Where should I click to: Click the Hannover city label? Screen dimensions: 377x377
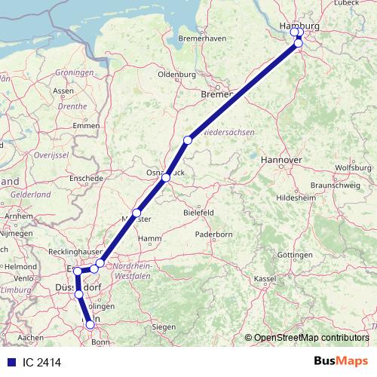coord(280,161)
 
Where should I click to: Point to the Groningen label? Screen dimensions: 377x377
coord(75,72)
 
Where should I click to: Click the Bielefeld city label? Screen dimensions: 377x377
coord(199,213)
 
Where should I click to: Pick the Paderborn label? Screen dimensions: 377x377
coord(213,234)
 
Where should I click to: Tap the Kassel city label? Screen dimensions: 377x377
coord(265,279)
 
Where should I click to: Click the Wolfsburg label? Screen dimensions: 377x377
coord(354,167)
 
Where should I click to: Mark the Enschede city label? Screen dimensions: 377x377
coord(85,179)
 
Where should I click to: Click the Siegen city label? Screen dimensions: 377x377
coord(164,326)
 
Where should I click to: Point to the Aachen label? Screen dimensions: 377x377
coord(31,337)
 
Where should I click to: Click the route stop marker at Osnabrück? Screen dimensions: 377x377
coord(166,178)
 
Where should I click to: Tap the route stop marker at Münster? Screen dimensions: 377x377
coord(136,213)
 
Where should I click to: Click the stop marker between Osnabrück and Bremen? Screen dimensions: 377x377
coord(188,140)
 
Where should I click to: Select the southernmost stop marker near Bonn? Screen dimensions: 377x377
coord(90,325)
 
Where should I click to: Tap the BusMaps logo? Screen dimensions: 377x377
coord(341,362)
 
